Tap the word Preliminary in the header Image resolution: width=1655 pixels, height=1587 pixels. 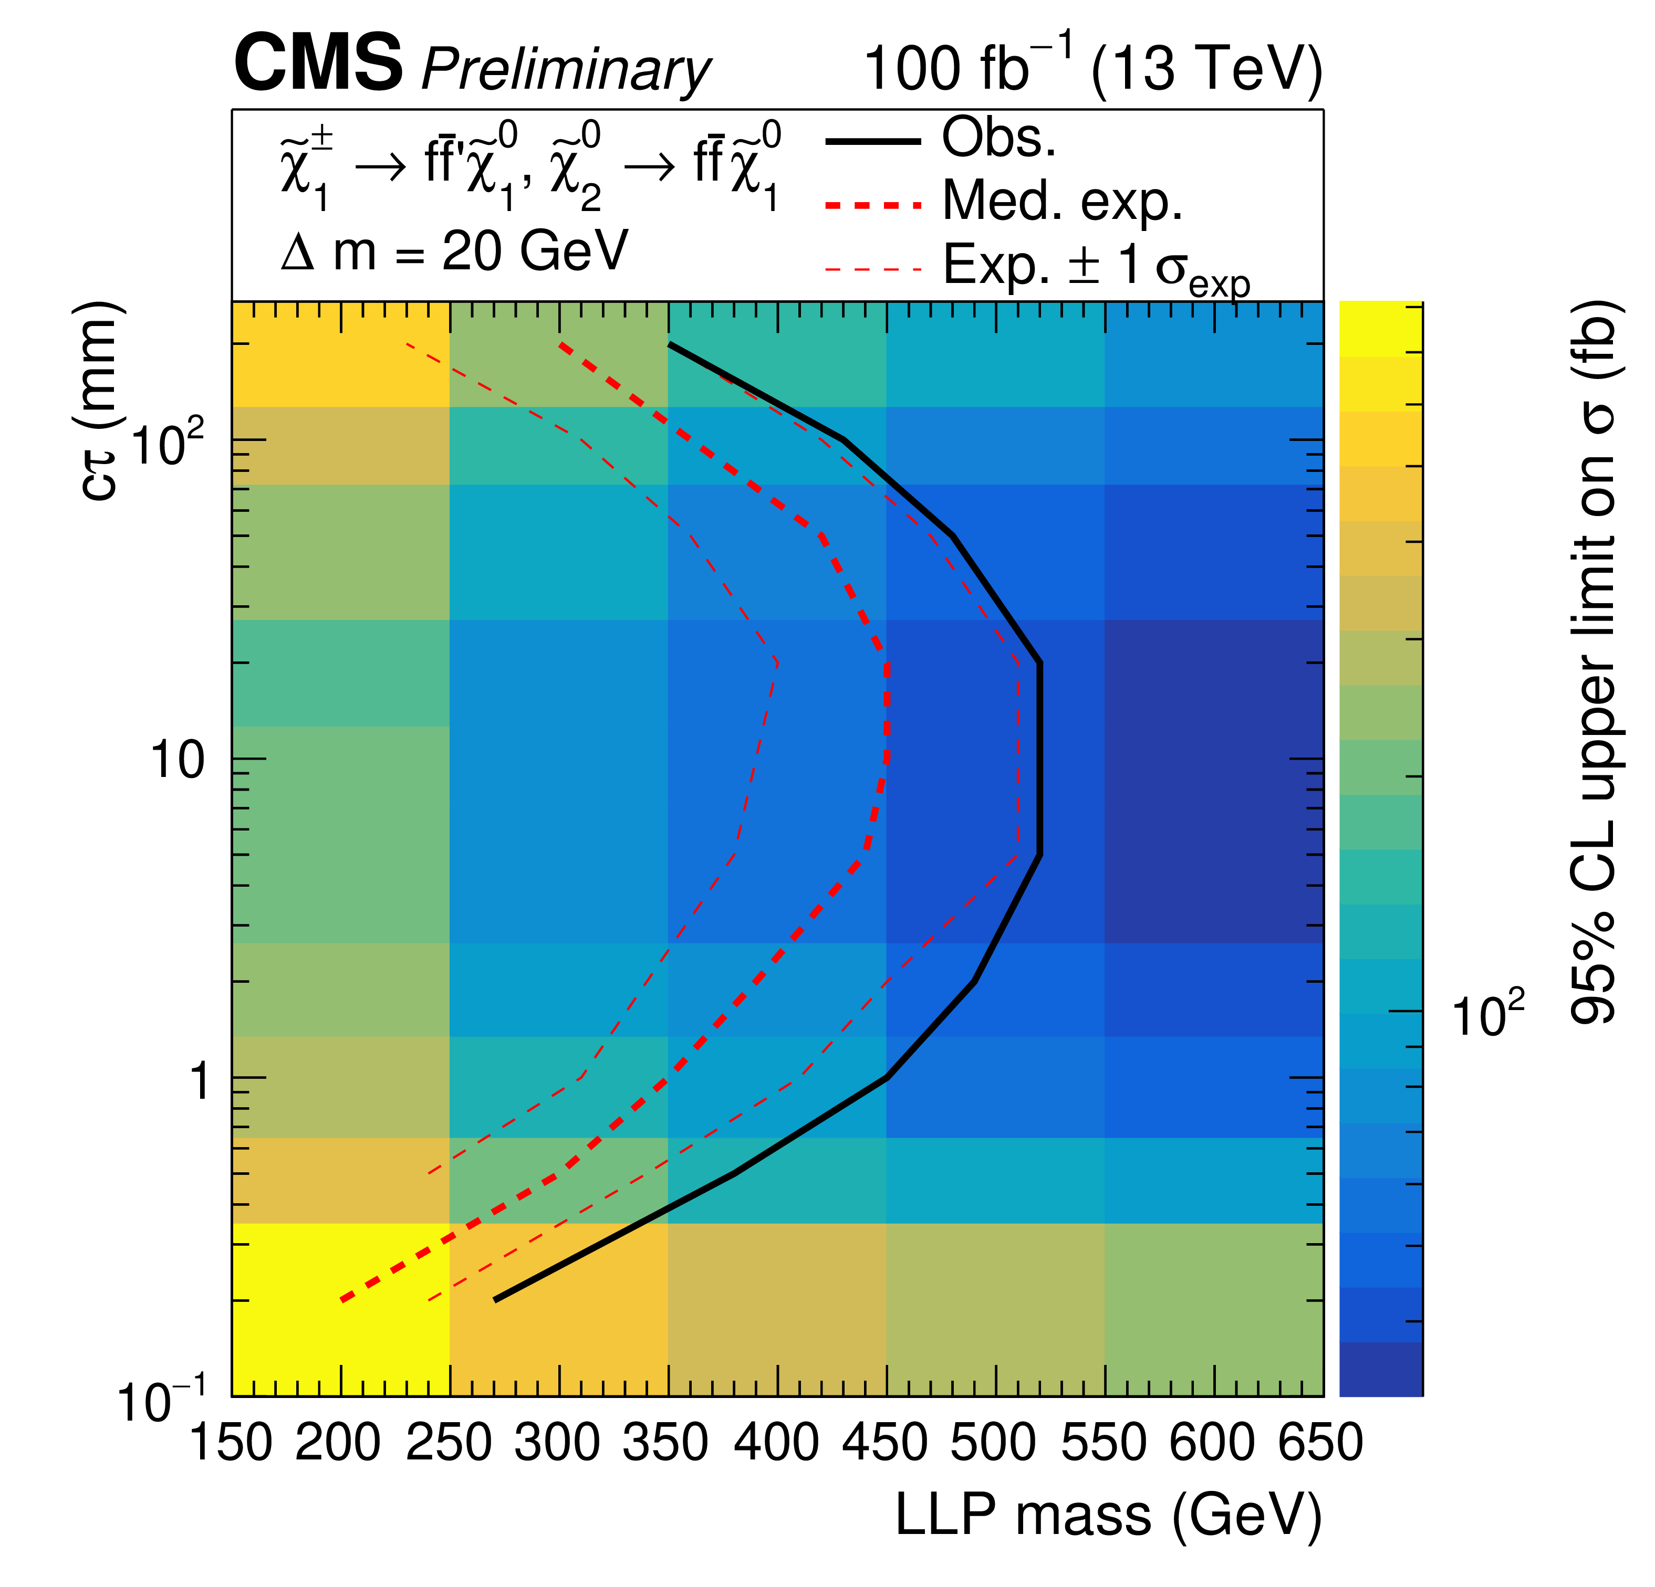[566, 69]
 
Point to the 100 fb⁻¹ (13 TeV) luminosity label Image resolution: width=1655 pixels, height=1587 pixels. [1092, 68]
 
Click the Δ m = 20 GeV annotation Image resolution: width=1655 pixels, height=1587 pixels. [454, 251]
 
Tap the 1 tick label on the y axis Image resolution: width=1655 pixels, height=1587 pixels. [199, 1080]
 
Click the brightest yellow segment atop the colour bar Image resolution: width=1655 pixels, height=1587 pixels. [1381, 329]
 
